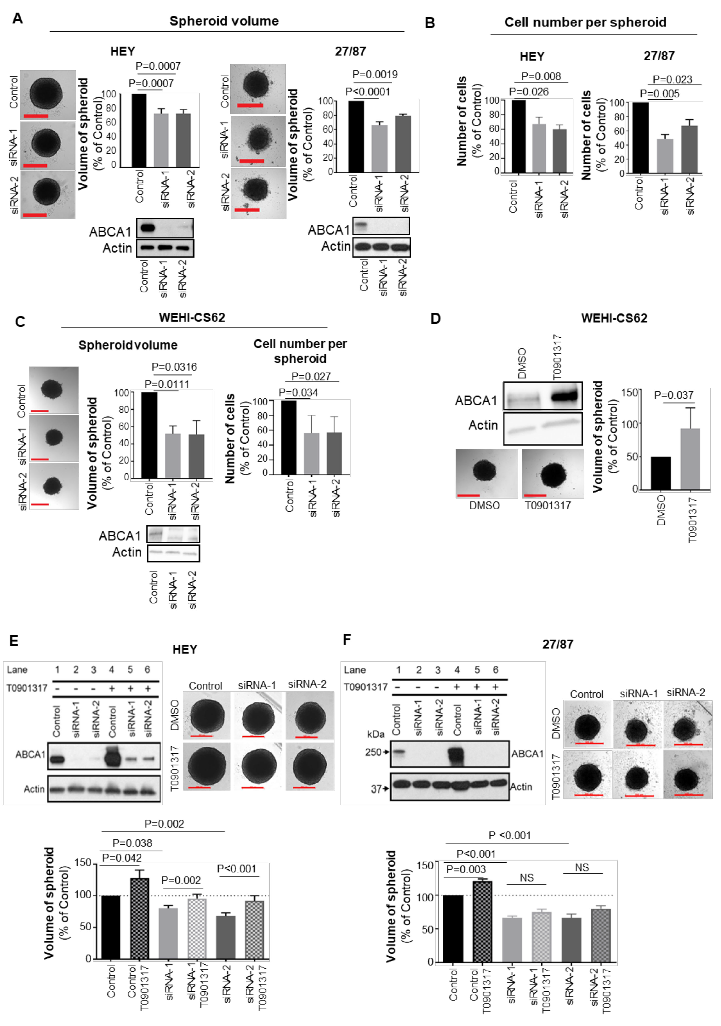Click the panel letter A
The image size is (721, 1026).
click(x=17, y=19)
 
